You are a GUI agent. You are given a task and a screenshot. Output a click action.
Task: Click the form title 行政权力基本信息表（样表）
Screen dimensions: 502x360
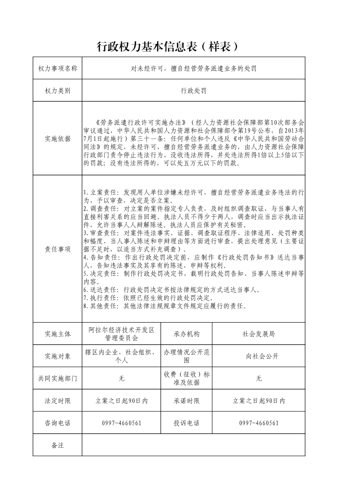168,47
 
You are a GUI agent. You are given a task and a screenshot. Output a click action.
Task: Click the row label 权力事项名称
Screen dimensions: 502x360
58,68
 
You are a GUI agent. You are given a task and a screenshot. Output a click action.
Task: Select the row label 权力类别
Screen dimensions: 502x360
58,91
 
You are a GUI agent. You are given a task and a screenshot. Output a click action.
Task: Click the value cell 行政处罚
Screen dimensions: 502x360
194,91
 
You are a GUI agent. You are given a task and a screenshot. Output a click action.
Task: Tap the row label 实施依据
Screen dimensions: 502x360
58,139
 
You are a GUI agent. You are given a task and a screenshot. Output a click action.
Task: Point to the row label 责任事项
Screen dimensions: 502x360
58,249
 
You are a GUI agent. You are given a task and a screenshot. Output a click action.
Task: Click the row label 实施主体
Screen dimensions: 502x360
58,334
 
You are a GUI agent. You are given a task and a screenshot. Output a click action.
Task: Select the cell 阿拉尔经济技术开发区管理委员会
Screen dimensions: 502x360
122,334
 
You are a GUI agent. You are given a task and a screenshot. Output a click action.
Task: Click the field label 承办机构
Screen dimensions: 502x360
186,334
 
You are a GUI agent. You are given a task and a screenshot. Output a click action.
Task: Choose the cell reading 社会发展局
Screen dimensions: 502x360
258,334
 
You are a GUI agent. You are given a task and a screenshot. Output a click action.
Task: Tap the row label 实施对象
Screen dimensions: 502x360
58,356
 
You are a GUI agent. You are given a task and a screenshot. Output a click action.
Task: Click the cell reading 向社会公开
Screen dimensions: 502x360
258,356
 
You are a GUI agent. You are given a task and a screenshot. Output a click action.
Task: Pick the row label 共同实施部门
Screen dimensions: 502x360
58,378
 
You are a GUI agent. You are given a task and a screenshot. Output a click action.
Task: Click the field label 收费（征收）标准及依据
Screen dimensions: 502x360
186,378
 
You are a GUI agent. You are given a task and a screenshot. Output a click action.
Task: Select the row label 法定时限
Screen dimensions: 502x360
58,401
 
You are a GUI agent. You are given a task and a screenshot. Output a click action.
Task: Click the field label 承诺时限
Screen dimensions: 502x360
186,401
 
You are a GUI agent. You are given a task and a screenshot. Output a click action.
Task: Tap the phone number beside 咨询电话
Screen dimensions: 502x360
122,423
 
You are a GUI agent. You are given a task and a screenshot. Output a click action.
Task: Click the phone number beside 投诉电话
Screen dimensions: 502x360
258,423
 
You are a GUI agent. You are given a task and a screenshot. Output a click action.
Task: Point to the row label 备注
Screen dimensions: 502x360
58,445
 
